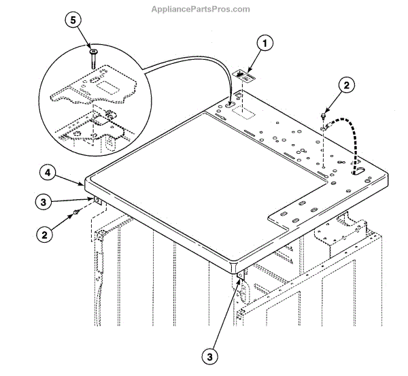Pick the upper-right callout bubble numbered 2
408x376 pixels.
click(x=347, y=86)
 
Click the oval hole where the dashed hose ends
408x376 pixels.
click(x=359, y=171)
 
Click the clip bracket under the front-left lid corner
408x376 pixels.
click(x=98, y=201)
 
